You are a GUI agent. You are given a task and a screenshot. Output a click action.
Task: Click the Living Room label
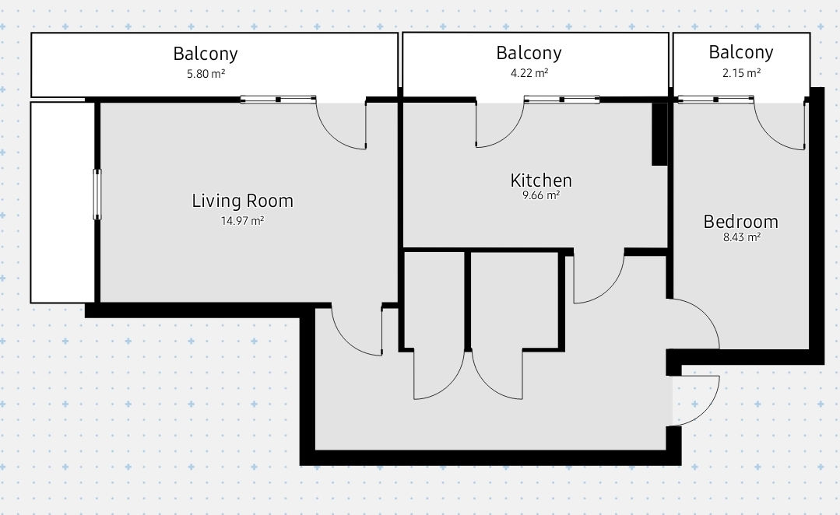(243, 201)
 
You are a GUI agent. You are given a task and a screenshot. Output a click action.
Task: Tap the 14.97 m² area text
(243, 221)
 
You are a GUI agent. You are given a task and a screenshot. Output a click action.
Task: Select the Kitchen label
(541, 180)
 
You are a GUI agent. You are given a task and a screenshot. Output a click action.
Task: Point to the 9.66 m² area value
(541, 195)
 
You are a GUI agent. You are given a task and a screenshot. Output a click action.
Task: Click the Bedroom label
(741, 222)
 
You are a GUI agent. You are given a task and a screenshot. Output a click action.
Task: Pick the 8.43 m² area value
(742, 237)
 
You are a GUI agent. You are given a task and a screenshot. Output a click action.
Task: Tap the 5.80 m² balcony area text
(206, 74)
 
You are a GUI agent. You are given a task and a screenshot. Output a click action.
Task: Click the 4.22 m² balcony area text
(529, 73)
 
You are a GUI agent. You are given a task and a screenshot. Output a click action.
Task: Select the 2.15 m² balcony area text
(741, 73)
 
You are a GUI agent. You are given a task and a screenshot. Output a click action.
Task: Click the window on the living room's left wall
(97, 194)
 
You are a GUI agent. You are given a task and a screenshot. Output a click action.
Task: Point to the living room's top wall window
(278, 99)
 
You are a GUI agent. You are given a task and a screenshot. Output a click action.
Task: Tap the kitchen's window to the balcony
(561, 99)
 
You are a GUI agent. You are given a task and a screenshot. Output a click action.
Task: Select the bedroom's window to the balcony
(715, 99)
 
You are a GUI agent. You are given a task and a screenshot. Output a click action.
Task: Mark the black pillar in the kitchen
(659, 134)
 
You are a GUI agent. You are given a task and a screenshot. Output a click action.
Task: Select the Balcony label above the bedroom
(741, 52)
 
